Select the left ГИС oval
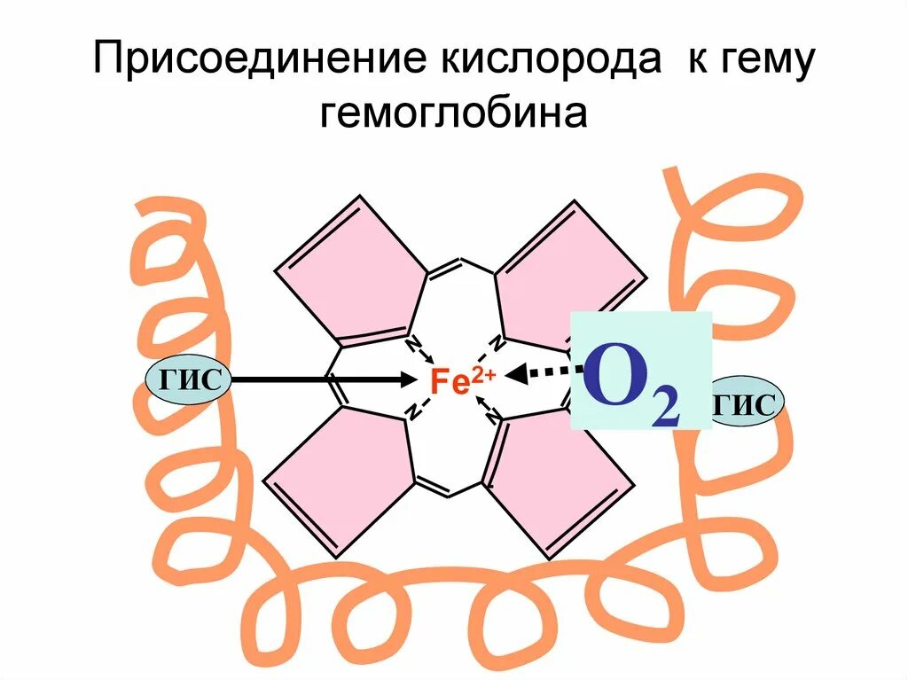tap(189, 379)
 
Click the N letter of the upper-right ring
tap(498, 341)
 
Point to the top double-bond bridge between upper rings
tap(459, 263)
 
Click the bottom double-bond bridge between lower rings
tap(453, 487)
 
